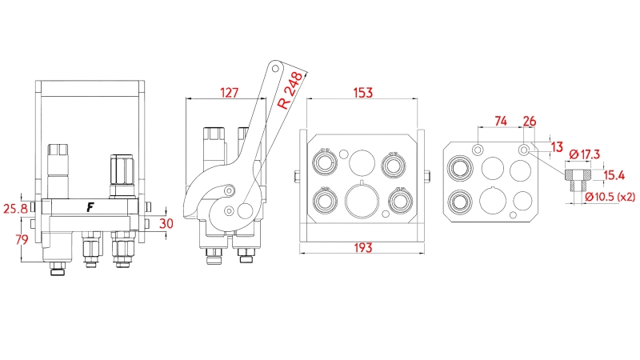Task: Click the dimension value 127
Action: tap(229, 92)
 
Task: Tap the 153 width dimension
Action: tap(362, 92)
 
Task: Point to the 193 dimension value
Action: tap(362, 248)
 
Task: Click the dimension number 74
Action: tap(501, 121)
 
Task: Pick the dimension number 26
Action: tap(530, 121)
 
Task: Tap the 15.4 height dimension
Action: tap(614, 174)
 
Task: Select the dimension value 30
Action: tap(166, 223)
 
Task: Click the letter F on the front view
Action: tap(91, 207)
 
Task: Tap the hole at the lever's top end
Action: tap(275, 69)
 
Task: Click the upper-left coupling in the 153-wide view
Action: tap(325, 164)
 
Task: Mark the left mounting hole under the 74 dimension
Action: tap(478, 150)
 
